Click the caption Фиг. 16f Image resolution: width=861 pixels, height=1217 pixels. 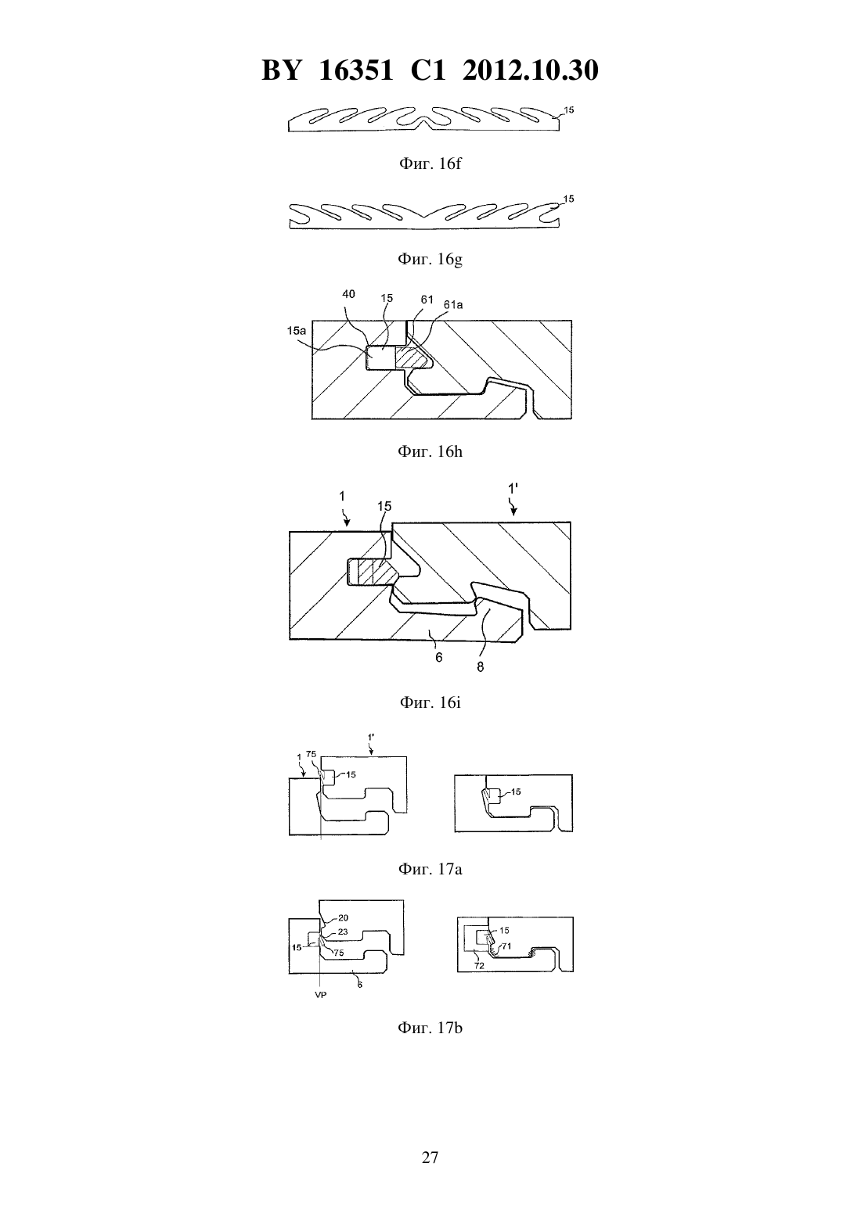(430, 163)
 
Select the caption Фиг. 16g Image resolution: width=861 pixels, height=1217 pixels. (430, 259)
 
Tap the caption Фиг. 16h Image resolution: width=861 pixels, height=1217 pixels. (430, 451)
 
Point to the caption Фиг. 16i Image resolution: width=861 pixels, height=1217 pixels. (430, 702)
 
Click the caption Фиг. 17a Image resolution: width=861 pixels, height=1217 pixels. (430, 869)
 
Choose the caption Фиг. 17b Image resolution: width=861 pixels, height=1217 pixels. (430, 1028)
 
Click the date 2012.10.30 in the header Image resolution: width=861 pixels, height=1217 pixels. (531, 70)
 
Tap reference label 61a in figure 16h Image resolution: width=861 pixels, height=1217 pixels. (452, 305)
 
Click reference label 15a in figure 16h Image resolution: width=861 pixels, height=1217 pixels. (296, 330)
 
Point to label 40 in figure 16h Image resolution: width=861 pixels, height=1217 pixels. (348, 294)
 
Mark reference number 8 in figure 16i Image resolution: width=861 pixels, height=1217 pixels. (480, 666)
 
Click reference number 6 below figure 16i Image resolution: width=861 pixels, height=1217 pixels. (438, 658)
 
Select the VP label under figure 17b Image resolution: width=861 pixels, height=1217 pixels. (321, 995)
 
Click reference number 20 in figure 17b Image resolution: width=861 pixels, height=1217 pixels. (343, 917)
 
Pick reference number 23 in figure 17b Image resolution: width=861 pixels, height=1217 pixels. (343, 932)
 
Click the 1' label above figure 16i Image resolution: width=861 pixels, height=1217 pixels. (513, 490)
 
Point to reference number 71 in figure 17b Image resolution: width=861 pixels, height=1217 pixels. (506, 946)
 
